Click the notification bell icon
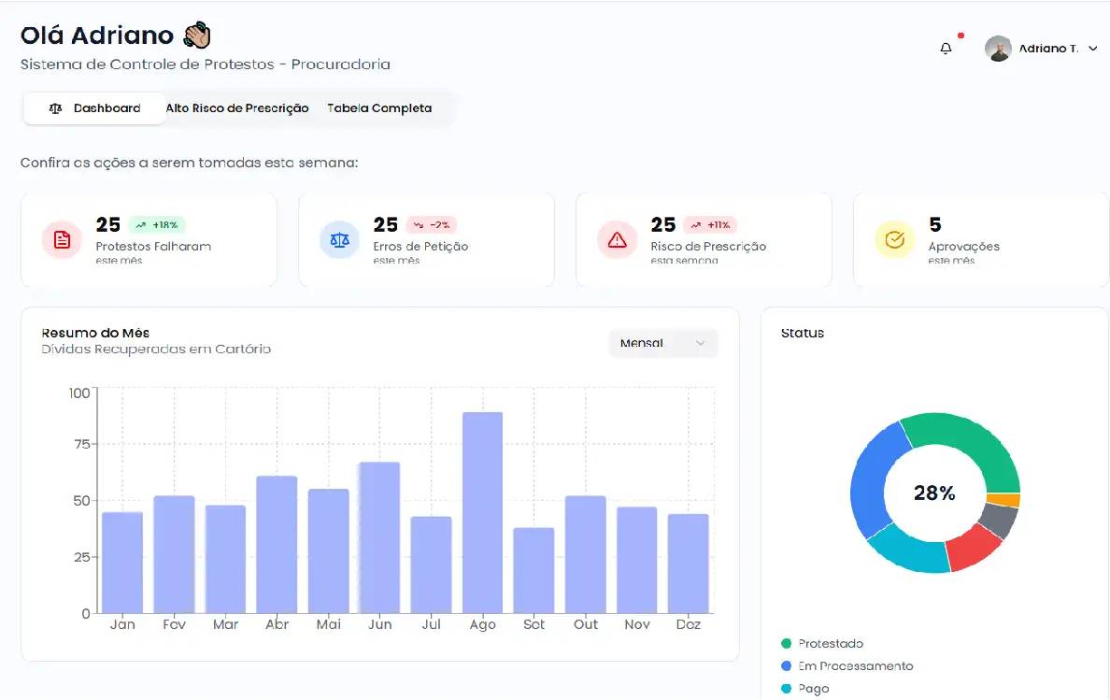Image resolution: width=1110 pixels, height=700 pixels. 946,49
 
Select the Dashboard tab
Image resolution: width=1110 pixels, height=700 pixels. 95,108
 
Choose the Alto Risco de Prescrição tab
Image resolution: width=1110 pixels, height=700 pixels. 237,108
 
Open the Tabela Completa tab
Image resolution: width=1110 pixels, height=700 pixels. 379,108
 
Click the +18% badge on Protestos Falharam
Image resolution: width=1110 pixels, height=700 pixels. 157,225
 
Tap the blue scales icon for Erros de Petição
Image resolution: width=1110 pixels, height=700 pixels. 339,240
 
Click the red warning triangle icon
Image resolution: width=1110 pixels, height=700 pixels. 617,240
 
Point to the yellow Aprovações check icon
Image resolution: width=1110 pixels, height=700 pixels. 894,240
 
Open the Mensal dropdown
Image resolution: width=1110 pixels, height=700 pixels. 662,343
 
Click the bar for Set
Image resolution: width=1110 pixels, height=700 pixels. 534,570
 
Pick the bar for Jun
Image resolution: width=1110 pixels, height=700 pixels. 379,537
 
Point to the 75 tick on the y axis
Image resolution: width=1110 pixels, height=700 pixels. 80,444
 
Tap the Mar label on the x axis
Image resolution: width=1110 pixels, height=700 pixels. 225,624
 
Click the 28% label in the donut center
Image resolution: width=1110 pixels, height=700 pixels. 934,493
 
